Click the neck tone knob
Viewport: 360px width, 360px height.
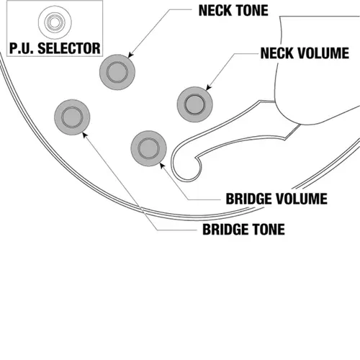point(117,72)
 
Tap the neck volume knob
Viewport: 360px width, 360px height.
point(195,104)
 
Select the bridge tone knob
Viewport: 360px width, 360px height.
point(72,117)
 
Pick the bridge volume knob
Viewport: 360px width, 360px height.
point(149,148)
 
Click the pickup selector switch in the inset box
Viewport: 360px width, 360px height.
point(55,22)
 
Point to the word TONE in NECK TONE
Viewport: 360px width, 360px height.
point(251,11)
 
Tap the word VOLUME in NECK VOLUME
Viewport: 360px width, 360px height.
point(323,53)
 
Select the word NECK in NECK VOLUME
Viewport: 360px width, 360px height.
point(277,53)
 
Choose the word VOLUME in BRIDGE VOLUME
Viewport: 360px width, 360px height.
point(301,199)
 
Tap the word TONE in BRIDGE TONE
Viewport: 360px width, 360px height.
point(269,229)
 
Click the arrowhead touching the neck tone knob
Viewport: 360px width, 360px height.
point(130,55)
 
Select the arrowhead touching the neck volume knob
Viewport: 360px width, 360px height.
point(208,88)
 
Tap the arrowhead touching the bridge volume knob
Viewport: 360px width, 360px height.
point(162,166)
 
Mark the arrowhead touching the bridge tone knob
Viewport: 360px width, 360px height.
point(85,135)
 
